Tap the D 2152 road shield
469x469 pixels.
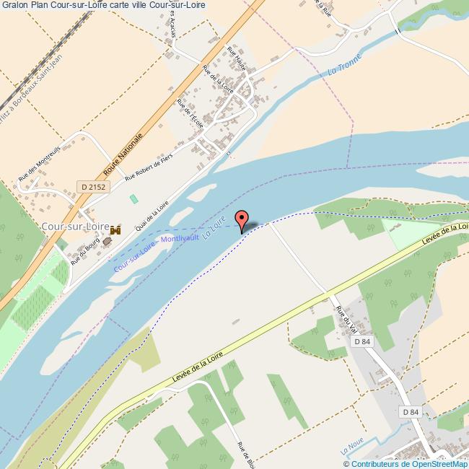click(92, 187)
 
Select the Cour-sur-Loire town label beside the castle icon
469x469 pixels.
click(76, 227)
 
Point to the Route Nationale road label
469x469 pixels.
click(123, 154)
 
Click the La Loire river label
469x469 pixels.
click(214, 227)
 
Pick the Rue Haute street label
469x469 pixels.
click(236, 58)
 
